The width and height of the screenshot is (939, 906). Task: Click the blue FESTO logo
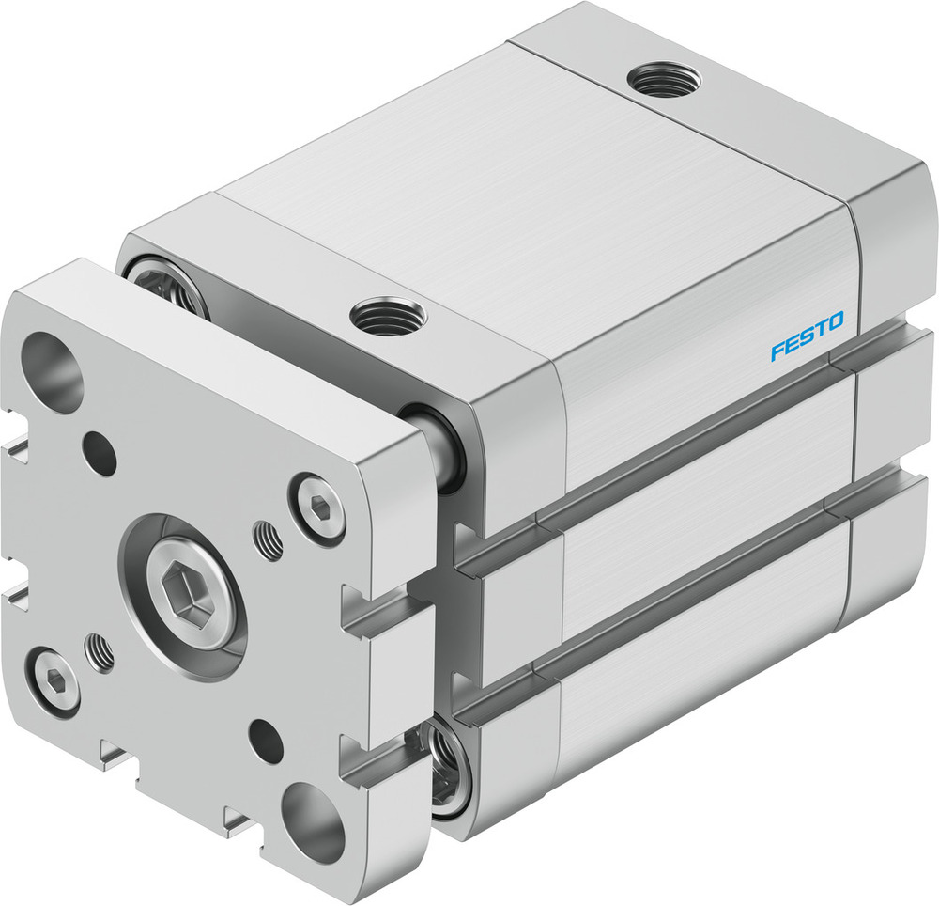(x=807, y=336)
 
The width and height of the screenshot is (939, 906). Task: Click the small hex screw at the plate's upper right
(x=318, y=508)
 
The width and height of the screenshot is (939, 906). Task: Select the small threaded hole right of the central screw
(x=268, y=542)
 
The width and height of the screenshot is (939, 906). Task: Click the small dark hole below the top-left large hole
(x=100, y=453)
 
